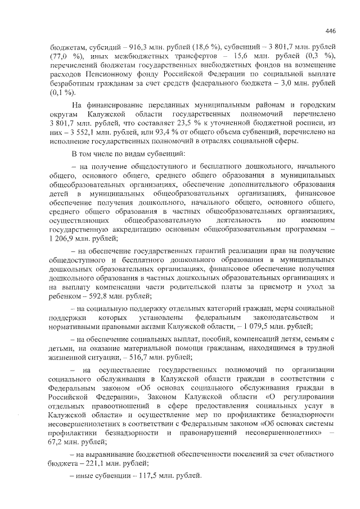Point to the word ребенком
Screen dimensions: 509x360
coord(65,296)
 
